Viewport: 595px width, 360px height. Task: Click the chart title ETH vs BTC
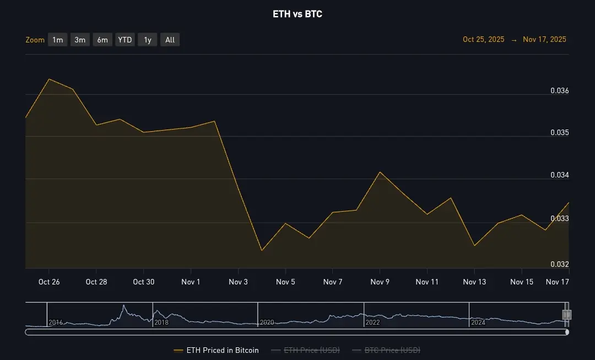point(297,14)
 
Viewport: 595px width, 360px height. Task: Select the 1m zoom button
point(58,40)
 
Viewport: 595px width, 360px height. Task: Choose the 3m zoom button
point(80,40)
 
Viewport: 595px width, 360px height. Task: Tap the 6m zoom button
point(102,40)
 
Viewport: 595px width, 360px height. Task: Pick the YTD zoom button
point(125,40)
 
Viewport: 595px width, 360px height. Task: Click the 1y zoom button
point(148,40)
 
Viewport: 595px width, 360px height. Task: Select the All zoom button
point(170,40)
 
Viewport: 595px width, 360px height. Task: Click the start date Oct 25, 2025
point(483,40)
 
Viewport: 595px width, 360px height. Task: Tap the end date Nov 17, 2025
point(544,40)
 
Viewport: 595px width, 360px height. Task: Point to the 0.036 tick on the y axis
point(559,90)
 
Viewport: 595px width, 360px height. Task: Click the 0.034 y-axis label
point(559,175)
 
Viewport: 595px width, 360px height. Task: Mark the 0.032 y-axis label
point(559,264)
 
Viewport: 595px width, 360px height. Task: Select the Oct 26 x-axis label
point(49,282)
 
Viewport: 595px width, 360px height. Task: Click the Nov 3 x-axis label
point(239,282)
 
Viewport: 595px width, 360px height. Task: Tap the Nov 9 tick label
point(380,282)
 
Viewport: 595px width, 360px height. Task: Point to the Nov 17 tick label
point(556,282)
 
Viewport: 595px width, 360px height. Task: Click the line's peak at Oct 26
point(49,79)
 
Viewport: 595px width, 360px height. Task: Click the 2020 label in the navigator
point(267,323)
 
